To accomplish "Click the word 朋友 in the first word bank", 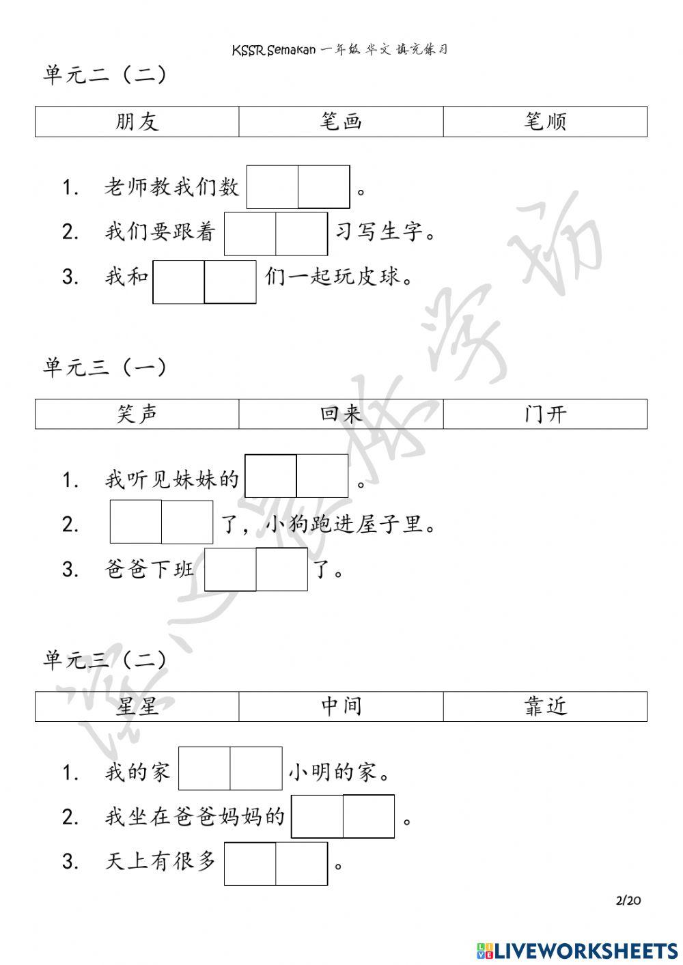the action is [137, 122].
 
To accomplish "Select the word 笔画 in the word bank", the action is [341, 122].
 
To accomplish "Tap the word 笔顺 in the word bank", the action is [545, 122].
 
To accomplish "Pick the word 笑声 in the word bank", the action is [137, 414].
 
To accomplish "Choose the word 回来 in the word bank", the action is [341, 414].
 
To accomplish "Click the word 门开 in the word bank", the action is [545, 414].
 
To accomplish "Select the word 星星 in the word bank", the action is [137, 706].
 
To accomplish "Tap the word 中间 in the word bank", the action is [341, 706].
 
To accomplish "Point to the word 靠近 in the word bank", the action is [545, 706].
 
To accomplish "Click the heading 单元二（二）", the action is [105, 74].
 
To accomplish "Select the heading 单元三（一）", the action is [105, 367].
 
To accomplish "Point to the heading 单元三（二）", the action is [105, 660].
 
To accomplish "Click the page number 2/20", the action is [628, 900].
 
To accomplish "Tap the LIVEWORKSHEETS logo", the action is [577, 950].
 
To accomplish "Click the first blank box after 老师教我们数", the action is [273, 186].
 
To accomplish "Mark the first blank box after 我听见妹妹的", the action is [270, 476].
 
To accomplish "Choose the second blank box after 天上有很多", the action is [302, 864].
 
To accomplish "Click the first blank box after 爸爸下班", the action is [230, 569].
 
